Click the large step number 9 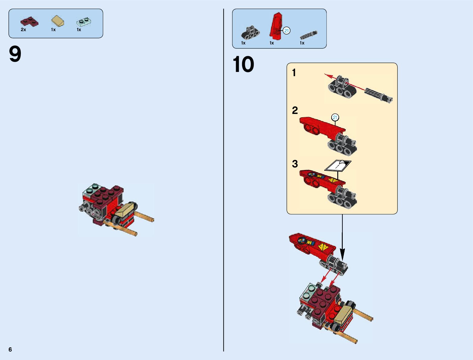[15, 54]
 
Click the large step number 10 [243, 64]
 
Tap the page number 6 [10, 349]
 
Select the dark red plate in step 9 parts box [29, 21]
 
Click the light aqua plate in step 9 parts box [84, 22]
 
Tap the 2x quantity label [23, 30]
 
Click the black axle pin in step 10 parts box [309, 35]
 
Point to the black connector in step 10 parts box [251, 33]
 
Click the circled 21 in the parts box [287, 31]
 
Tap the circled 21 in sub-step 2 [335, 117]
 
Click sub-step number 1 [294, 73]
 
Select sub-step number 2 [295, 110]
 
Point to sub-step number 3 [295, 164]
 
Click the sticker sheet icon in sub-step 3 [338, 165]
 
